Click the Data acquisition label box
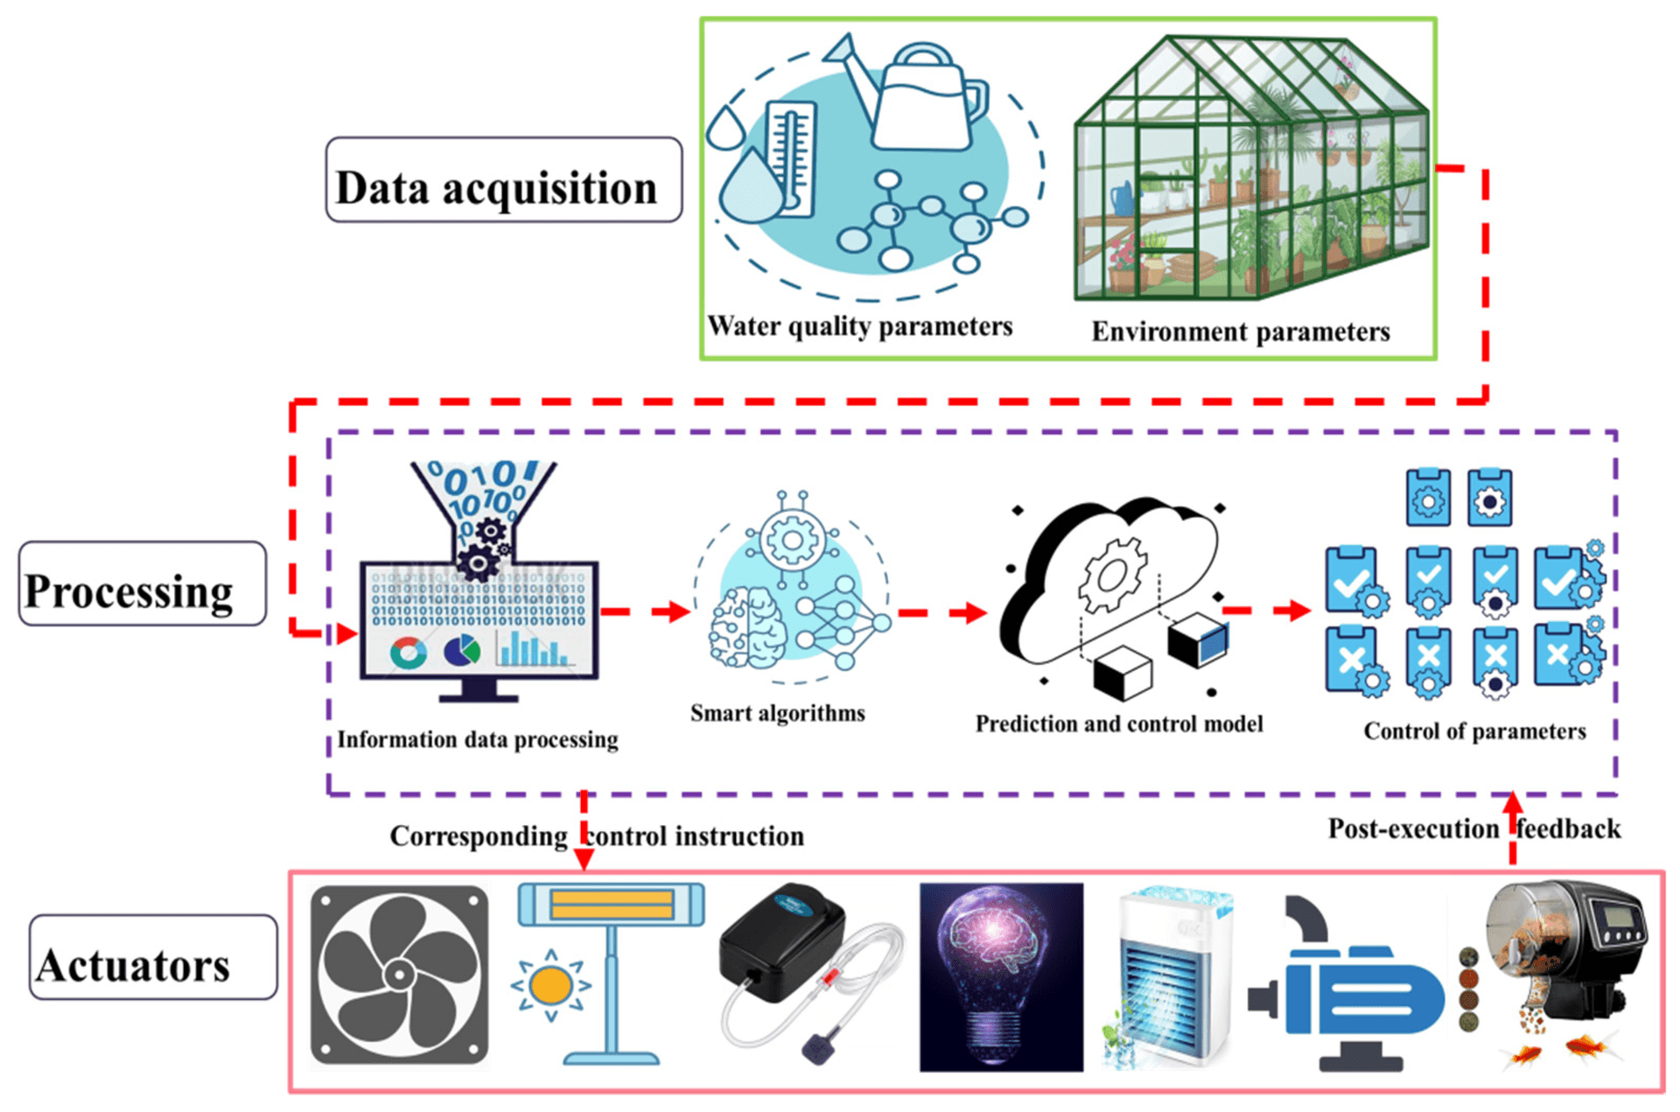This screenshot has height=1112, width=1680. tap(503, 180)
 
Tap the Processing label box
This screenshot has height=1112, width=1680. tap(142, 584)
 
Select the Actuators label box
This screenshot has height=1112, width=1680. tap(153, 957)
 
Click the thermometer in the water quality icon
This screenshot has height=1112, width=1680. tap(790, 157)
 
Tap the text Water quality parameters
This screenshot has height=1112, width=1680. tap(859, 326)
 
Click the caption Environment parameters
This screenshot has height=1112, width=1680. tap(1240, 332)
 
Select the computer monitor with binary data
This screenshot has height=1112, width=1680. tap(479, 621)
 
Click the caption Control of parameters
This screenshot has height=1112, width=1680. tap(1473, 731)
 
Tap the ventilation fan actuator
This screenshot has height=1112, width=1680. tap(399, 975)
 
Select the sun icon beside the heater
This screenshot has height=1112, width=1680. tap(550, 986)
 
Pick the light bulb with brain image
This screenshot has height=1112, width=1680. tap(1001, 976)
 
